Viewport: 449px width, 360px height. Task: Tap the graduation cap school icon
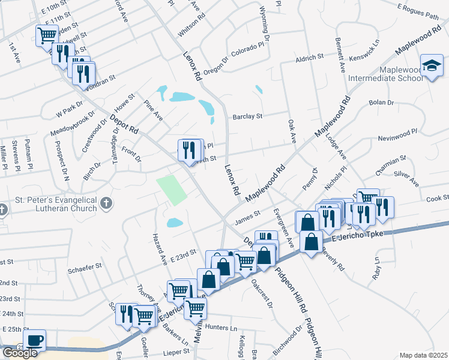(432, 67)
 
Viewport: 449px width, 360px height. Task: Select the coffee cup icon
(35, 340)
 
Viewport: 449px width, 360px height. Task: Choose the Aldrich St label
(310, 57)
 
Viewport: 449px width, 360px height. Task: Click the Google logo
(20, 352)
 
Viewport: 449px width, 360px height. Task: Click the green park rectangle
(172, 190)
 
